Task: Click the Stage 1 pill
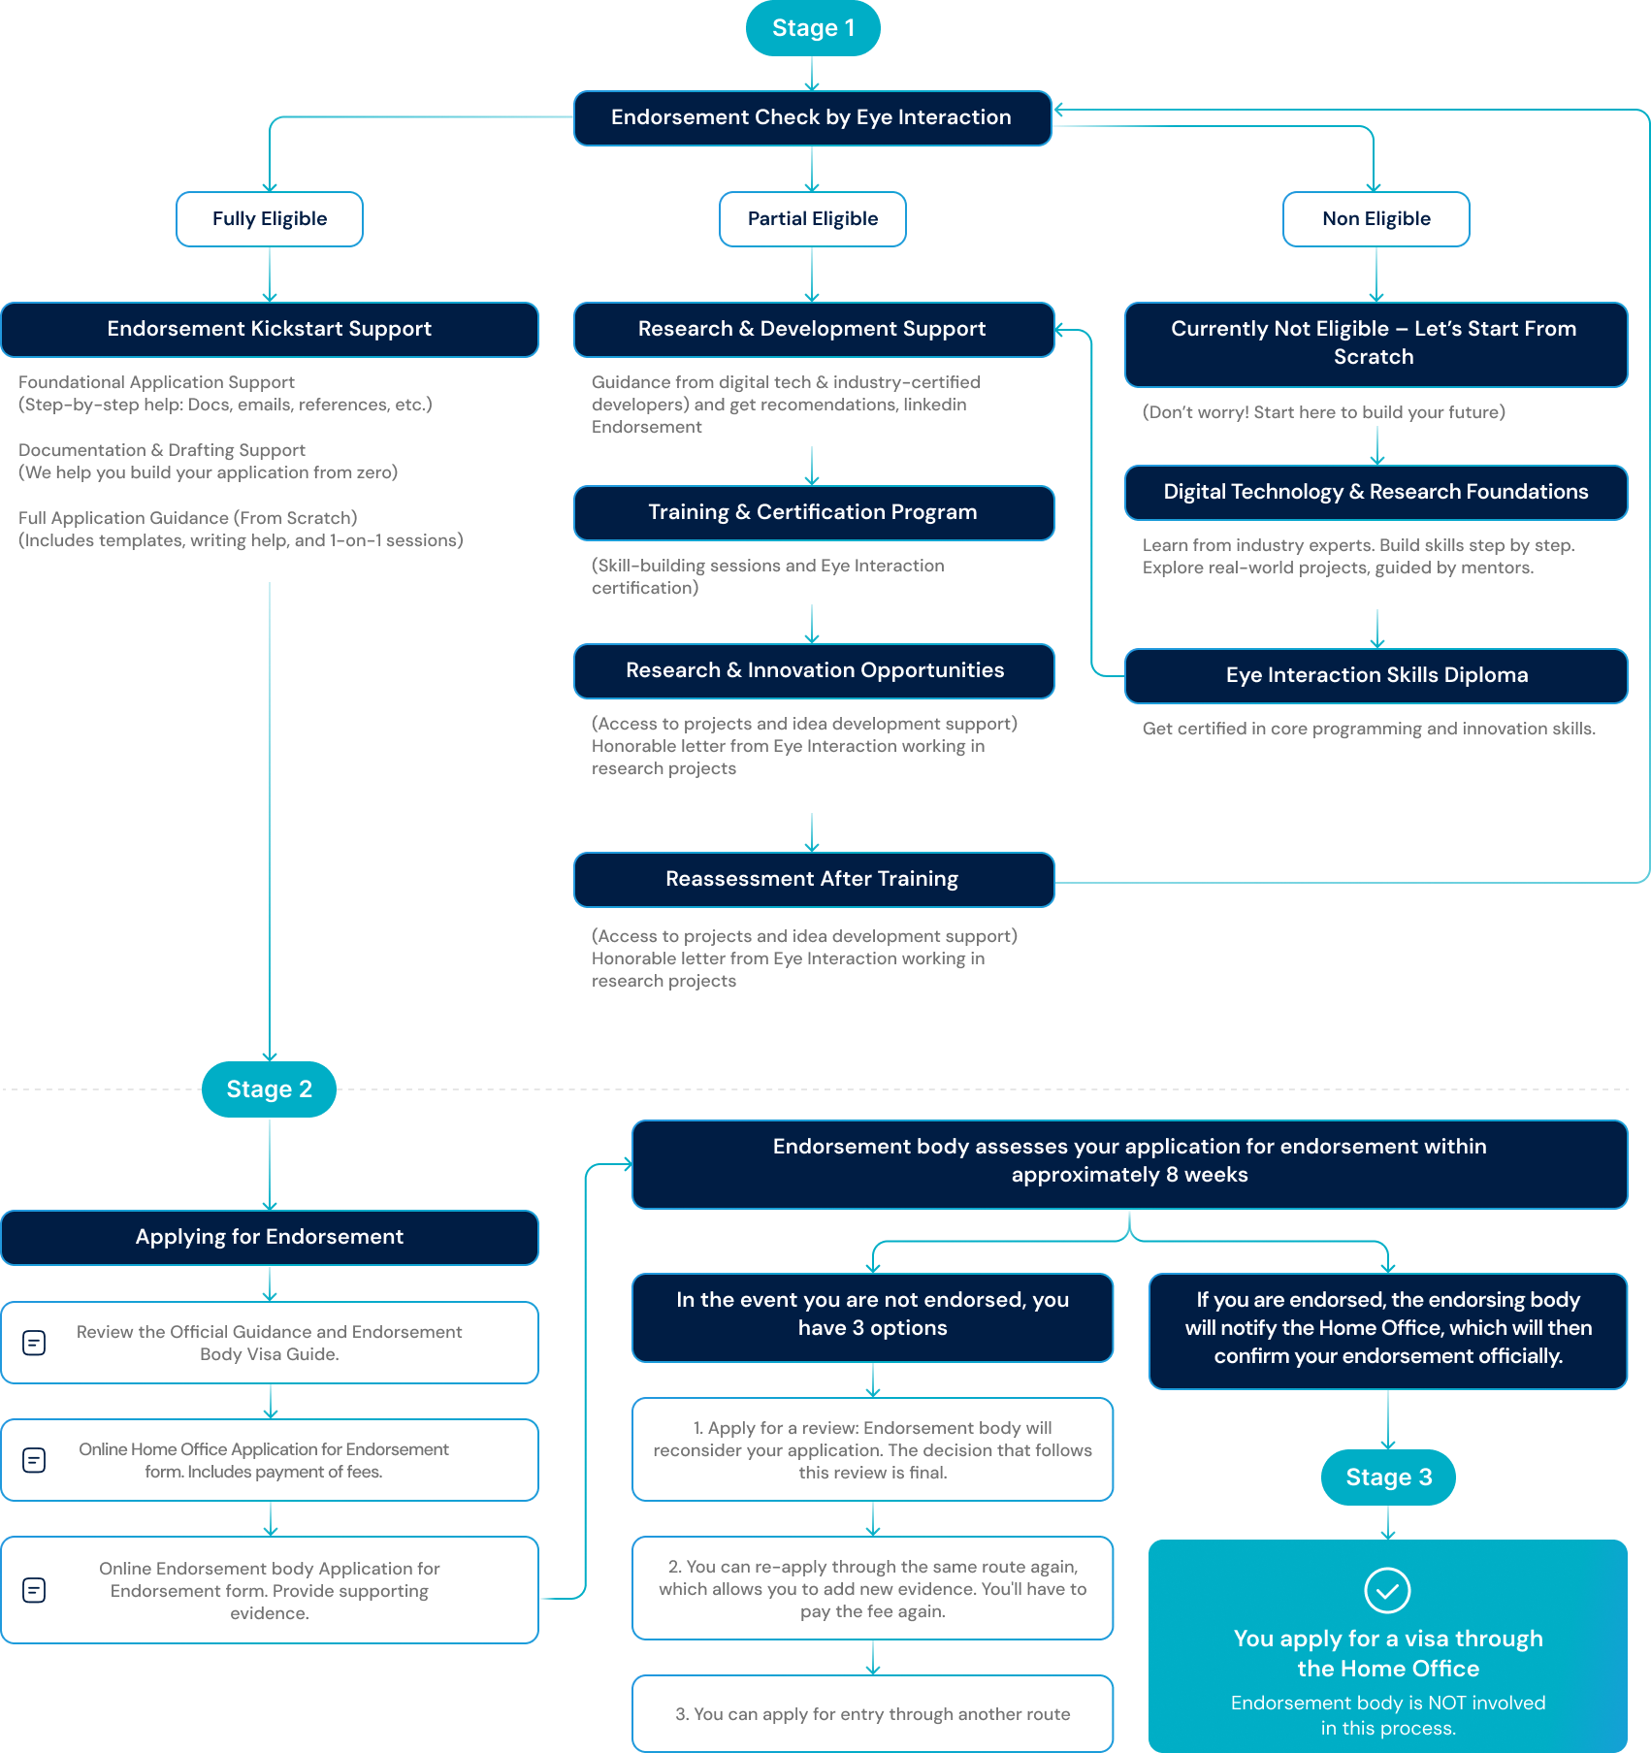(813, 28)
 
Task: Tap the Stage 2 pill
(270, 1089)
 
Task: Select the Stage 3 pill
(1388, 1477)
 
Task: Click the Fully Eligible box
(270, 219)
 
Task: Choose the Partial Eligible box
(813, 219)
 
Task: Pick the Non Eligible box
(1376, 219)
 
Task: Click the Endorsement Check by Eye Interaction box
(813, 118)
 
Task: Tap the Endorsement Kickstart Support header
(270, 330)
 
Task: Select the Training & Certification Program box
(814, 513)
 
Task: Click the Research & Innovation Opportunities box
(814, 671)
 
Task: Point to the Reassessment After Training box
(814, 880)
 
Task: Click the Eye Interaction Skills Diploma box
(1376, 676)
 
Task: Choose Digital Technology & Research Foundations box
(1376, 493)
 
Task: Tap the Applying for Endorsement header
(270, 1238)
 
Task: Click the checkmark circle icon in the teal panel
(1388, 1590)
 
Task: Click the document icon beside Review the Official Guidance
(34, 1343)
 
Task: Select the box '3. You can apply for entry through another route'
(873, 1714)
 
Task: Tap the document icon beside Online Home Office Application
(34, 1460)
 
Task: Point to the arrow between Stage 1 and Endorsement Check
(813, 74)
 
